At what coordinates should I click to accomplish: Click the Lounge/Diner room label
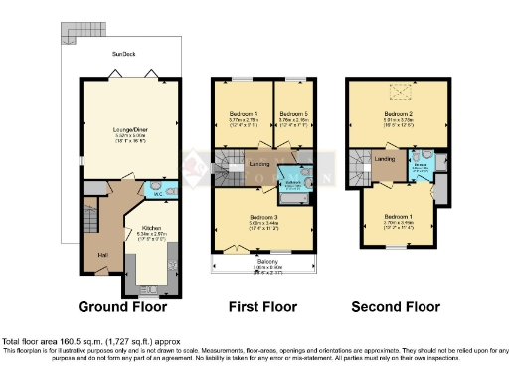coord(125,128)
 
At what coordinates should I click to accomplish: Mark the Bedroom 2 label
coord(398,114)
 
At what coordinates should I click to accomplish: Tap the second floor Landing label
coord(386,159)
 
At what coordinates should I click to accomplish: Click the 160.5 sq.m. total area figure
coord(79,341)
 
